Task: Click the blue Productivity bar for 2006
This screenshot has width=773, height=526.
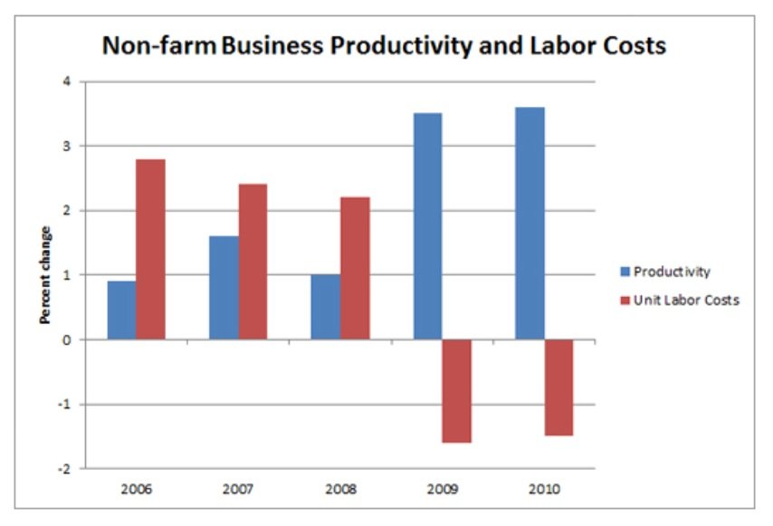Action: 121,310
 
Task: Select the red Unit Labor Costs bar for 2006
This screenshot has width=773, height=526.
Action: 150,249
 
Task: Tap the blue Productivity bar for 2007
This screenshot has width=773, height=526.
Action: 224,288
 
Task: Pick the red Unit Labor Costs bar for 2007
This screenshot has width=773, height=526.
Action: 253,262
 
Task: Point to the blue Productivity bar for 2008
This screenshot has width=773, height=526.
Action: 325,307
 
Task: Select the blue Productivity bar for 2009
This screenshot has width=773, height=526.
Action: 427,226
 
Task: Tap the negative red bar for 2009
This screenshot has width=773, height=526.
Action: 456,391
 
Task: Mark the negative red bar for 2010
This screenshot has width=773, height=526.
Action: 558,387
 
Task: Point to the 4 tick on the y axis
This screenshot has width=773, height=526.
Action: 66,81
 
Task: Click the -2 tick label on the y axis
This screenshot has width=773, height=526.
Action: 64,468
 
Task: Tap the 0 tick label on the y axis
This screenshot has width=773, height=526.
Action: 66,340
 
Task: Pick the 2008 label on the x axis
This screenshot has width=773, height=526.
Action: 339,489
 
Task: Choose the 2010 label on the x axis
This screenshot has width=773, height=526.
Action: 544,489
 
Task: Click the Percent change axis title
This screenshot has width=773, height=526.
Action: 43,275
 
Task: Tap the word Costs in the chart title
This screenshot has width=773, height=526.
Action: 634,44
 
